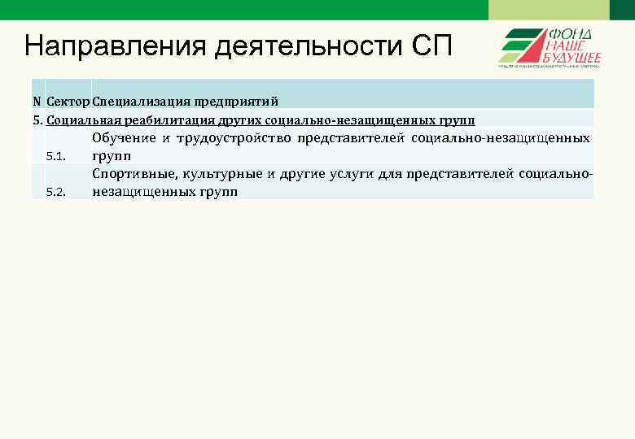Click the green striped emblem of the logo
coord(520,46)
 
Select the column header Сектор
coord(68,102)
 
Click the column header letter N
coord(37,102)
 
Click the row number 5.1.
coord(55,155)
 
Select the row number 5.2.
coord(55,192)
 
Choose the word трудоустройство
coord(233,138)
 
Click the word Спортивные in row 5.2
coord(134,173)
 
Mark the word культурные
coord(220,173)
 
